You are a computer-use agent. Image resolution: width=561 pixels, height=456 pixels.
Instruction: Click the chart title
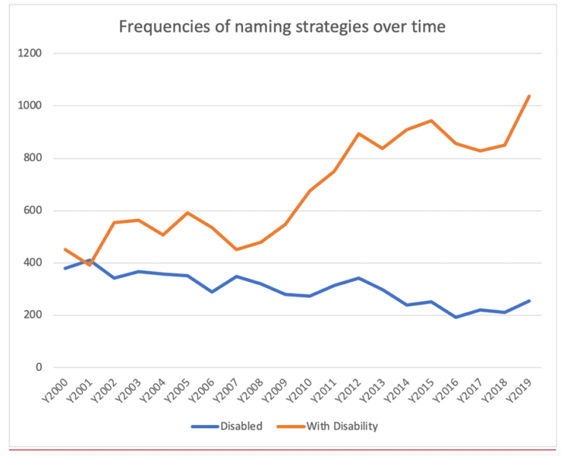click(282, 27)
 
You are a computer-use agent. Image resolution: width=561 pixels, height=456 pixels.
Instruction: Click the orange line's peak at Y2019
click(529, 96)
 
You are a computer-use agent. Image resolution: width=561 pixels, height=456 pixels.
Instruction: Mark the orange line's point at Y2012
click(358, 134)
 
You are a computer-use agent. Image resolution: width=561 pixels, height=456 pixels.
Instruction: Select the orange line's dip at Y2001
click(90, 264)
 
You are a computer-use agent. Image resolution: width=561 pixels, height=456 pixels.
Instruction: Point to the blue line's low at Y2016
click(456, 317)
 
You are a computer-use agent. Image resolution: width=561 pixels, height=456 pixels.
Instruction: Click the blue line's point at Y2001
click(90, 261)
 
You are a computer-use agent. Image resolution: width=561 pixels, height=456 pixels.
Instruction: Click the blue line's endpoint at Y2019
click(529, 301)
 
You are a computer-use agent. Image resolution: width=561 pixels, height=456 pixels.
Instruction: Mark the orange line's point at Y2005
click(188, 213)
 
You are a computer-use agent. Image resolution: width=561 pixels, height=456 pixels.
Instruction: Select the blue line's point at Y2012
click(358, 278)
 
